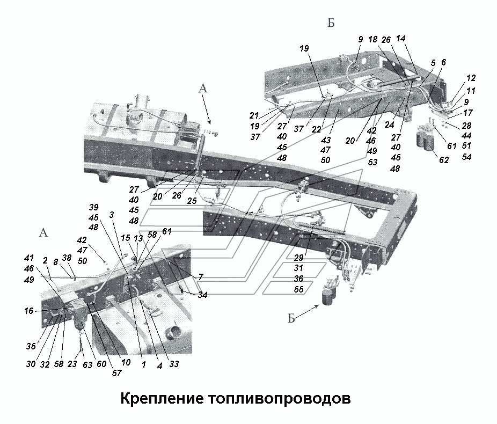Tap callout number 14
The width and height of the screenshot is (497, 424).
(400, 38)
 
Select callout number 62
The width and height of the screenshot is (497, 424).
(443, 159)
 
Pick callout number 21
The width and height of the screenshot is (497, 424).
(254, 115)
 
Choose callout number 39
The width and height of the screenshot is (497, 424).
(94, 208)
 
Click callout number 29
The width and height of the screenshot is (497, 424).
(298, 258)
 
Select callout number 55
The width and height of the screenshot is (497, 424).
(298, 289)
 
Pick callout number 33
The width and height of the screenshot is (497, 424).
(174, 364)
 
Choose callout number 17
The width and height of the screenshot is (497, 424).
(468, 113)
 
